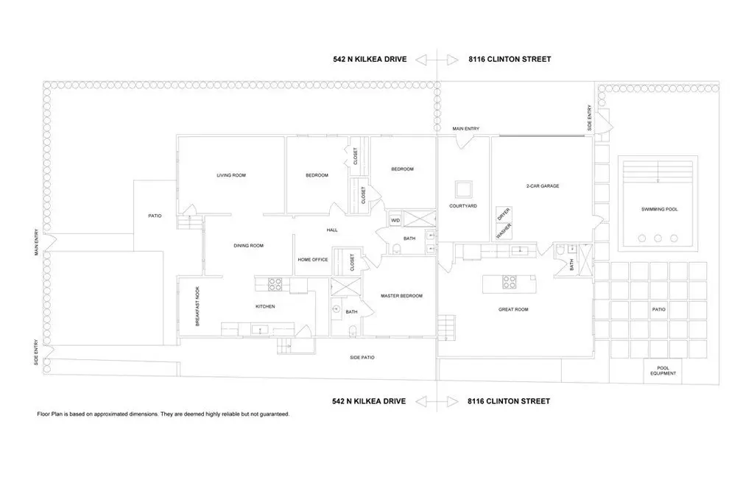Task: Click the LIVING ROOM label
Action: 231,175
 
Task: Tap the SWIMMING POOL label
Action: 659,209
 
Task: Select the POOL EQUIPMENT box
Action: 663,371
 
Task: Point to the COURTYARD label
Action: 463,206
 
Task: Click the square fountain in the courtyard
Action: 464,189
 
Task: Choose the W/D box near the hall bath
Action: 395,220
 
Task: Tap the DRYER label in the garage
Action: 503,214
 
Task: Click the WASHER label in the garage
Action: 504,231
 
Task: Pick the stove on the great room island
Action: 510,282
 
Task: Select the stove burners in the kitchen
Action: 275,284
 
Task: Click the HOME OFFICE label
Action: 312,260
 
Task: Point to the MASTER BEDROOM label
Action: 401,296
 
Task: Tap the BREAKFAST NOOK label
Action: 197,306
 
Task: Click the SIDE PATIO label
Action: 362,357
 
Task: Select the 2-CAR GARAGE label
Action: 543,186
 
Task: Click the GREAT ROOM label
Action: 513,310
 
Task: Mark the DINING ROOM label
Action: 249,246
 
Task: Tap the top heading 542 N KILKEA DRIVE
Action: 370,59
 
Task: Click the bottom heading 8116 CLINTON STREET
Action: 509,401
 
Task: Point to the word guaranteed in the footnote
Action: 274,414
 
